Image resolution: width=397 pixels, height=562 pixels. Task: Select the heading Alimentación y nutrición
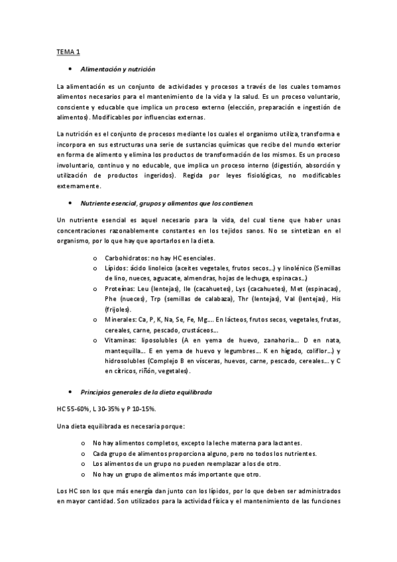(117, 69)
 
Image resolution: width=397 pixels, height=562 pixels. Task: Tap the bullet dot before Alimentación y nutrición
(70, 69)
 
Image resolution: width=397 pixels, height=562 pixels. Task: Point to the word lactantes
(284, 443)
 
